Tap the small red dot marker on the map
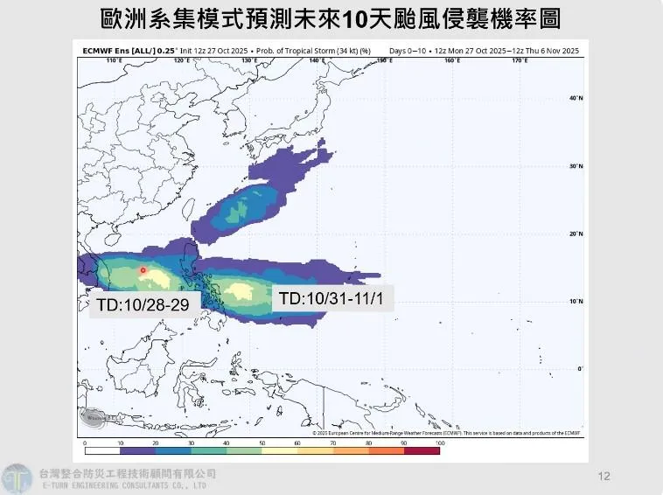pyautogui.click(x=143, y=270)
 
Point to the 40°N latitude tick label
pyautogui.click(x=576, y=98)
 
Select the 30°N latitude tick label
pyautogui.click(x=576, y=166)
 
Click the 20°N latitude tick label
pyautogui.click(x=576, y=234)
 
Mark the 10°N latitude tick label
pyautogui.click(x=576, y=302)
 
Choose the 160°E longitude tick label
pyautogui.click(x=450, y=60)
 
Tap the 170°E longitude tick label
pyautogui.click(x=518, y=60)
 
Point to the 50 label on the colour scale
pyautogui.click(x=262, y=443)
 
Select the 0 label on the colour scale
pyautogui.click(x=85, y=443)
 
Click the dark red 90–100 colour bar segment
pyautogui.click(x=422, y=451)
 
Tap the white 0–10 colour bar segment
pyautogui.click(x=102, y=451)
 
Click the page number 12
pyautogui.click(x=604, y=476)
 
